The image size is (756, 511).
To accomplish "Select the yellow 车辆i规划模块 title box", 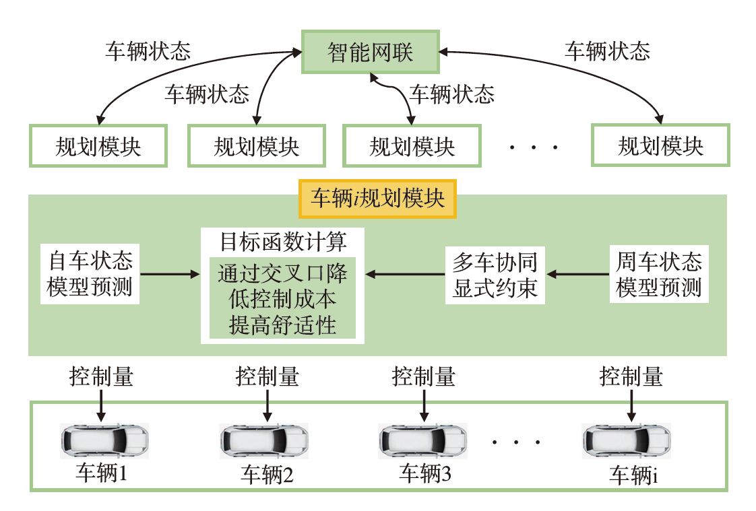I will (377, 199).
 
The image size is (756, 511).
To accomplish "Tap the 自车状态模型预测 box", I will (90, 273).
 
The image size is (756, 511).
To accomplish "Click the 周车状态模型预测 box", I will (658, 273).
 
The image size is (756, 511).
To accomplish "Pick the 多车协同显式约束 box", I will (495, 274).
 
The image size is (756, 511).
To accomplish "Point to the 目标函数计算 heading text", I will (283, 241).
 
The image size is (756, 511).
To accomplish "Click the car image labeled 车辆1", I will (104, 441).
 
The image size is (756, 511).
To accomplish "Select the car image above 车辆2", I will (264, 441).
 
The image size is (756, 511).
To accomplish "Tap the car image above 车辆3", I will (422, 441).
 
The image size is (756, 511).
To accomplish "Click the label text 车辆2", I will (267, 475).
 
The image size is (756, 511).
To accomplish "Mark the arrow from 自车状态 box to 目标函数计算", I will (170, 274).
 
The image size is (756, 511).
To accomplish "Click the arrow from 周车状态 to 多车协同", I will (577, 274).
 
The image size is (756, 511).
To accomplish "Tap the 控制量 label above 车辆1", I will (101, 376).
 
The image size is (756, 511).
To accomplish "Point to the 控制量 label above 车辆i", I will (631, 376).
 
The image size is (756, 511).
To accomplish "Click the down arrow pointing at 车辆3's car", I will (424, 405).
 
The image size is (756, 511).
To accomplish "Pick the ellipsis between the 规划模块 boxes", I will (534, 147).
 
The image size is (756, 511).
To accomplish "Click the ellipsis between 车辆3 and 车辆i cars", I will (516, 442).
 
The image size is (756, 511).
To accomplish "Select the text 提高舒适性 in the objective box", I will (282, 326).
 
